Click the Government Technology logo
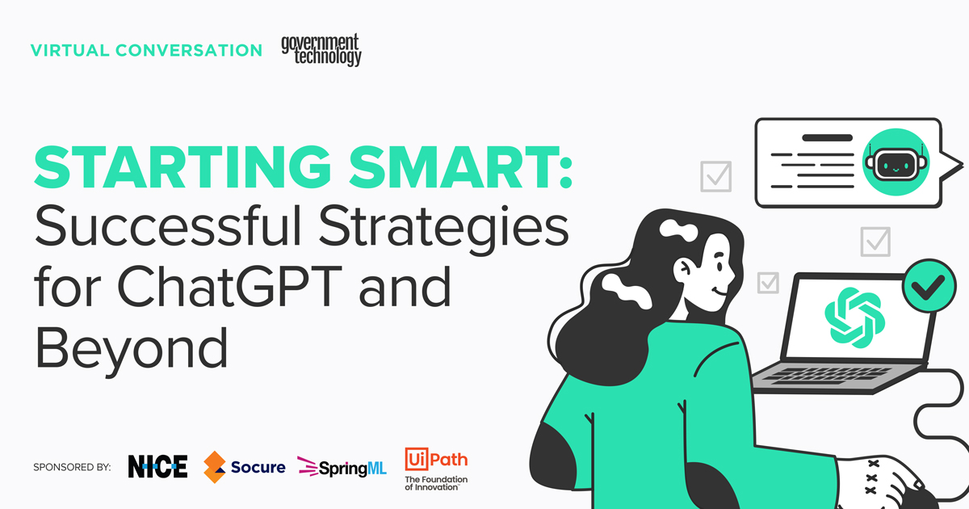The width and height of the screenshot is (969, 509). [x=321, y=50]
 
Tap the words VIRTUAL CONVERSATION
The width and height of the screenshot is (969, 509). [x=146, y=50]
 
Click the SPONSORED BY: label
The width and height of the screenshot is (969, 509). [x=72, y=467]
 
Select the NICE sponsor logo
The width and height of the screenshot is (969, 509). [x=157, y=466]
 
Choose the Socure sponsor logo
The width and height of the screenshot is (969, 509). [x=244, y=466]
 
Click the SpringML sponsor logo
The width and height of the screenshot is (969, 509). [x=342, y=466]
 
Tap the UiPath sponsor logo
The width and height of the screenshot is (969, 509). [x=436, y=468]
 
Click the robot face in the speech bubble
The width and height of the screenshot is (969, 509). [x=895, y=162]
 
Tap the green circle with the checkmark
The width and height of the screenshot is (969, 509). [x=929, y=284]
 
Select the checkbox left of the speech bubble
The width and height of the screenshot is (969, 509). [x=716, y=175]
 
